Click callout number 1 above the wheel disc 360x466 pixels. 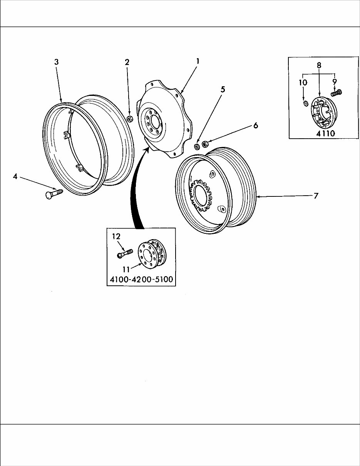point(197,61)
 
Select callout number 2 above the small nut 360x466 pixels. point(127,62)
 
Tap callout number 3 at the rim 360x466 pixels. point(56,62)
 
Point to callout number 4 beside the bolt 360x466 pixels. point(15,176)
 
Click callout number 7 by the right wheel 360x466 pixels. point(316,196)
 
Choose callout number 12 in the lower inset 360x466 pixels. point(116,236)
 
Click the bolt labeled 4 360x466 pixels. point(54,192)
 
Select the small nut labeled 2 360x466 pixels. point(130,118)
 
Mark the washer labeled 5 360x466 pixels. point(196,147)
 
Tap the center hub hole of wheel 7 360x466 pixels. point(201,196)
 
